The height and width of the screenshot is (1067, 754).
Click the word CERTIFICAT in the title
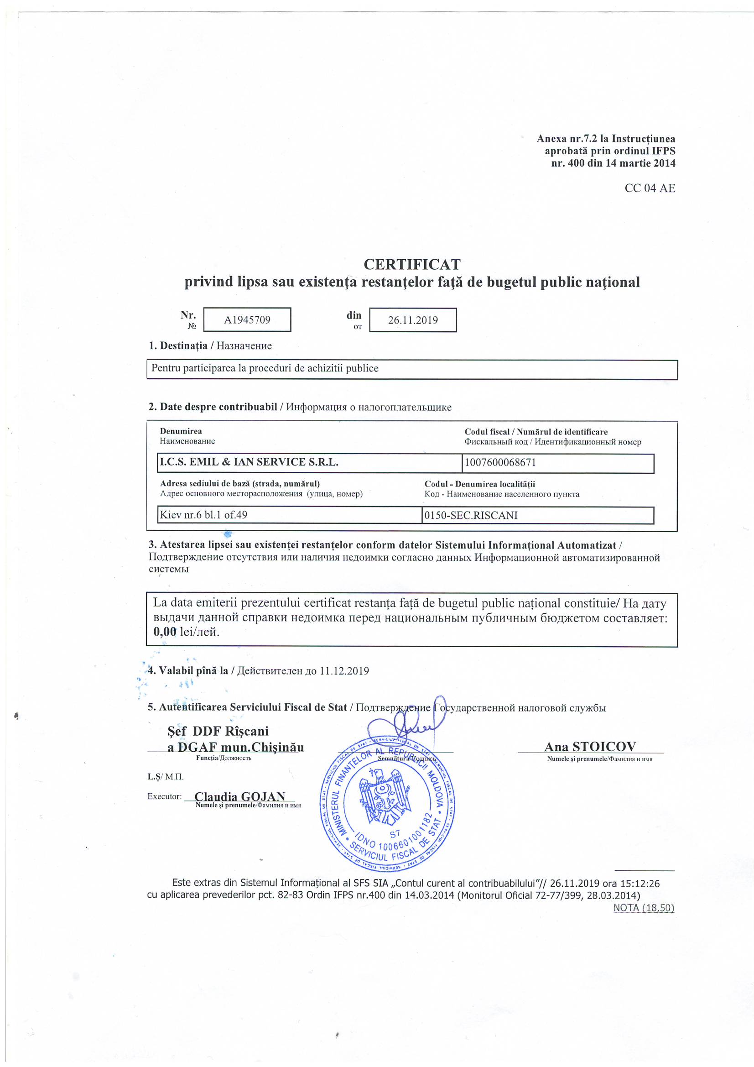click(x=411, y=264)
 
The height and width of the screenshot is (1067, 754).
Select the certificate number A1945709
click(x=247, y=320)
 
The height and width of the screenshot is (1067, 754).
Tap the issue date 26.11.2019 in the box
click(x=412, y=320)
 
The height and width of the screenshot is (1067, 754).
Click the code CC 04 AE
click(x=650, y=188)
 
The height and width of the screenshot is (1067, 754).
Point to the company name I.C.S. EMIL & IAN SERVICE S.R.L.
click(x=249, y=462)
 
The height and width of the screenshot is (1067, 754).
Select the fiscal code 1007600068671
click(x=500, y=463)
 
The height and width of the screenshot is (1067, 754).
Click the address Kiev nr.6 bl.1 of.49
click(x=203, y=514)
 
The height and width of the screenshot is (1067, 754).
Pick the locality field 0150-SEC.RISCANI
click(x=471, y=515)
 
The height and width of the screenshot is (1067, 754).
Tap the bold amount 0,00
click(x=165, y=632)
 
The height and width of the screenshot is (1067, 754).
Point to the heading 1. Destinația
click(x=178, y=346)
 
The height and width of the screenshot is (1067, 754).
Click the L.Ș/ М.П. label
click(x=166, y=777)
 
